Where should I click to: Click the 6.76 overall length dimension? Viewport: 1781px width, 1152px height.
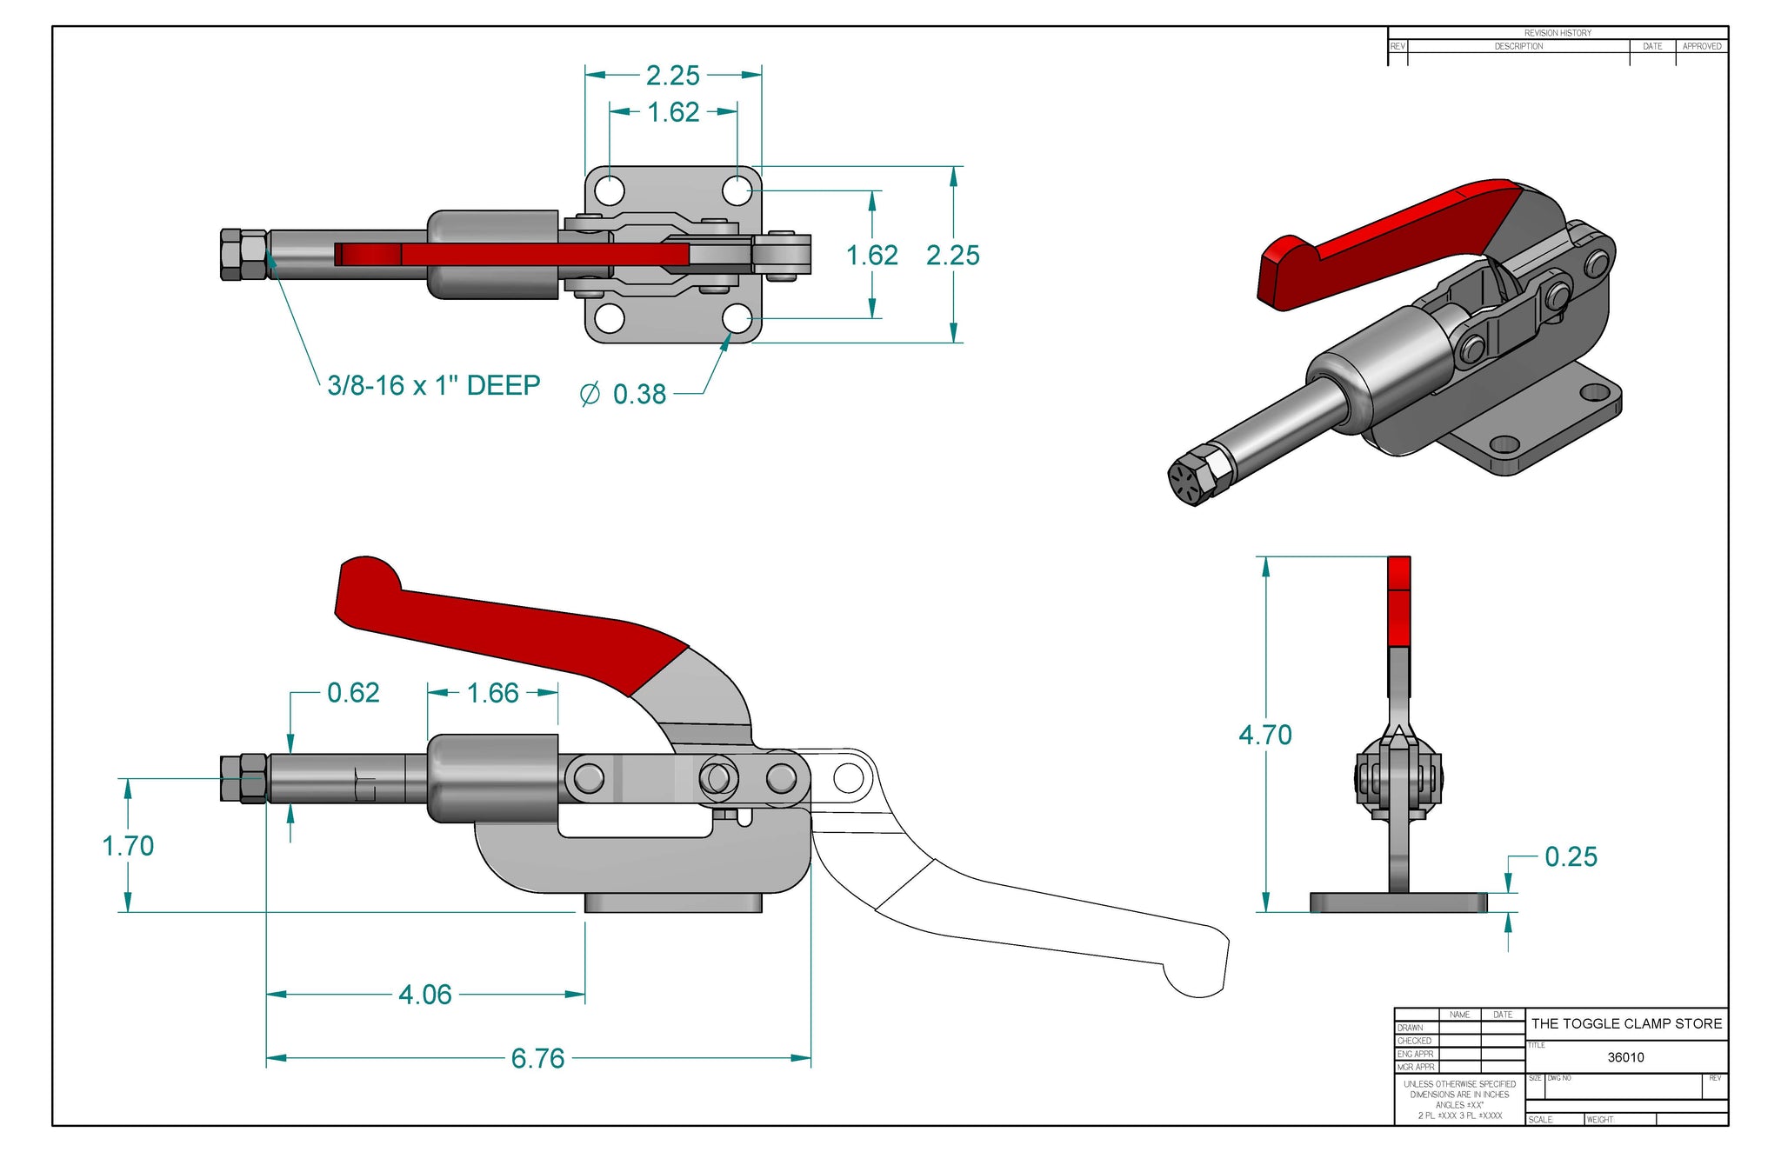pos(537,1058)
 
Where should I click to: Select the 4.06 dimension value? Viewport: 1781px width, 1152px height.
pos(424,995)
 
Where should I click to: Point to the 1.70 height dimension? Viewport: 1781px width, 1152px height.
pos(128,846)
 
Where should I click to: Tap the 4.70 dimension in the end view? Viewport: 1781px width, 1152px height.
pos(1265,735)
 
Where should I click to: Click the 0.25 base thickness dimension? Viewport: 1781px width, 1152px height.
pos(1571,857)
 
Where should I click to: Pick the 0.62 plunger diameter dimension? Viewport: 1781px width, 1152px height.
pos(353,693)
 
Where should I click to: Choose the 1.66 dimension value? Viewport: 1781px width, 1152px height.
pos(492,693)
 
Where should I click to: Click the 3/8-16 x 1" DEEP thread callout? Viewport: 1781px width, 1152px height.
pos(433,385)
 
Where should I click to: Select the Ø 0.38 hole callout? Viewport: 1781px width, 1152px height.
pos(624,395)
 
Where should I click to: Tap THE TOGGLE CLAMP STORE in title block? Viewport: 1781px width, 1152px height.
pos(1626,1024)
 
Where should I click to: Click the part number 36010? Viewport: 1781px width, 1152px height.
pos(1625,1057)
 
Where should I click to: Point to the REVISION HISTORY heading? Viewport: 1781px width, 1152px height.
pos(1558,33)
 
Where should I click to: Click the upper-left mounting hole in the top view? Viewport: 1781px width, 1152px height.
pos(610,190)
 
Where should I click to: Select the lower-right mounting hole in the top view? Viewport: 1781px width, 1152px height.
pos(737,319)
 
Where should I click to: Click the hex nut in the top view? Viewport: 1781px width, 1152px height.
pos(243,255)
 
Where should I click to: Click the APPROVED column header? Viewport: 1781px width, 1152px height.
pos(1701,46)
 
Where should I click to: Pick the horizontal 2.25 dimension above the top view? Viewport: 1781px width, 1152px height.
pos(672,76)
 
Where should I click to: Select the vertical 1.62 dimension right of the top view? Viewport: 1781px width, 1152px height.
pos(871,256)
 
